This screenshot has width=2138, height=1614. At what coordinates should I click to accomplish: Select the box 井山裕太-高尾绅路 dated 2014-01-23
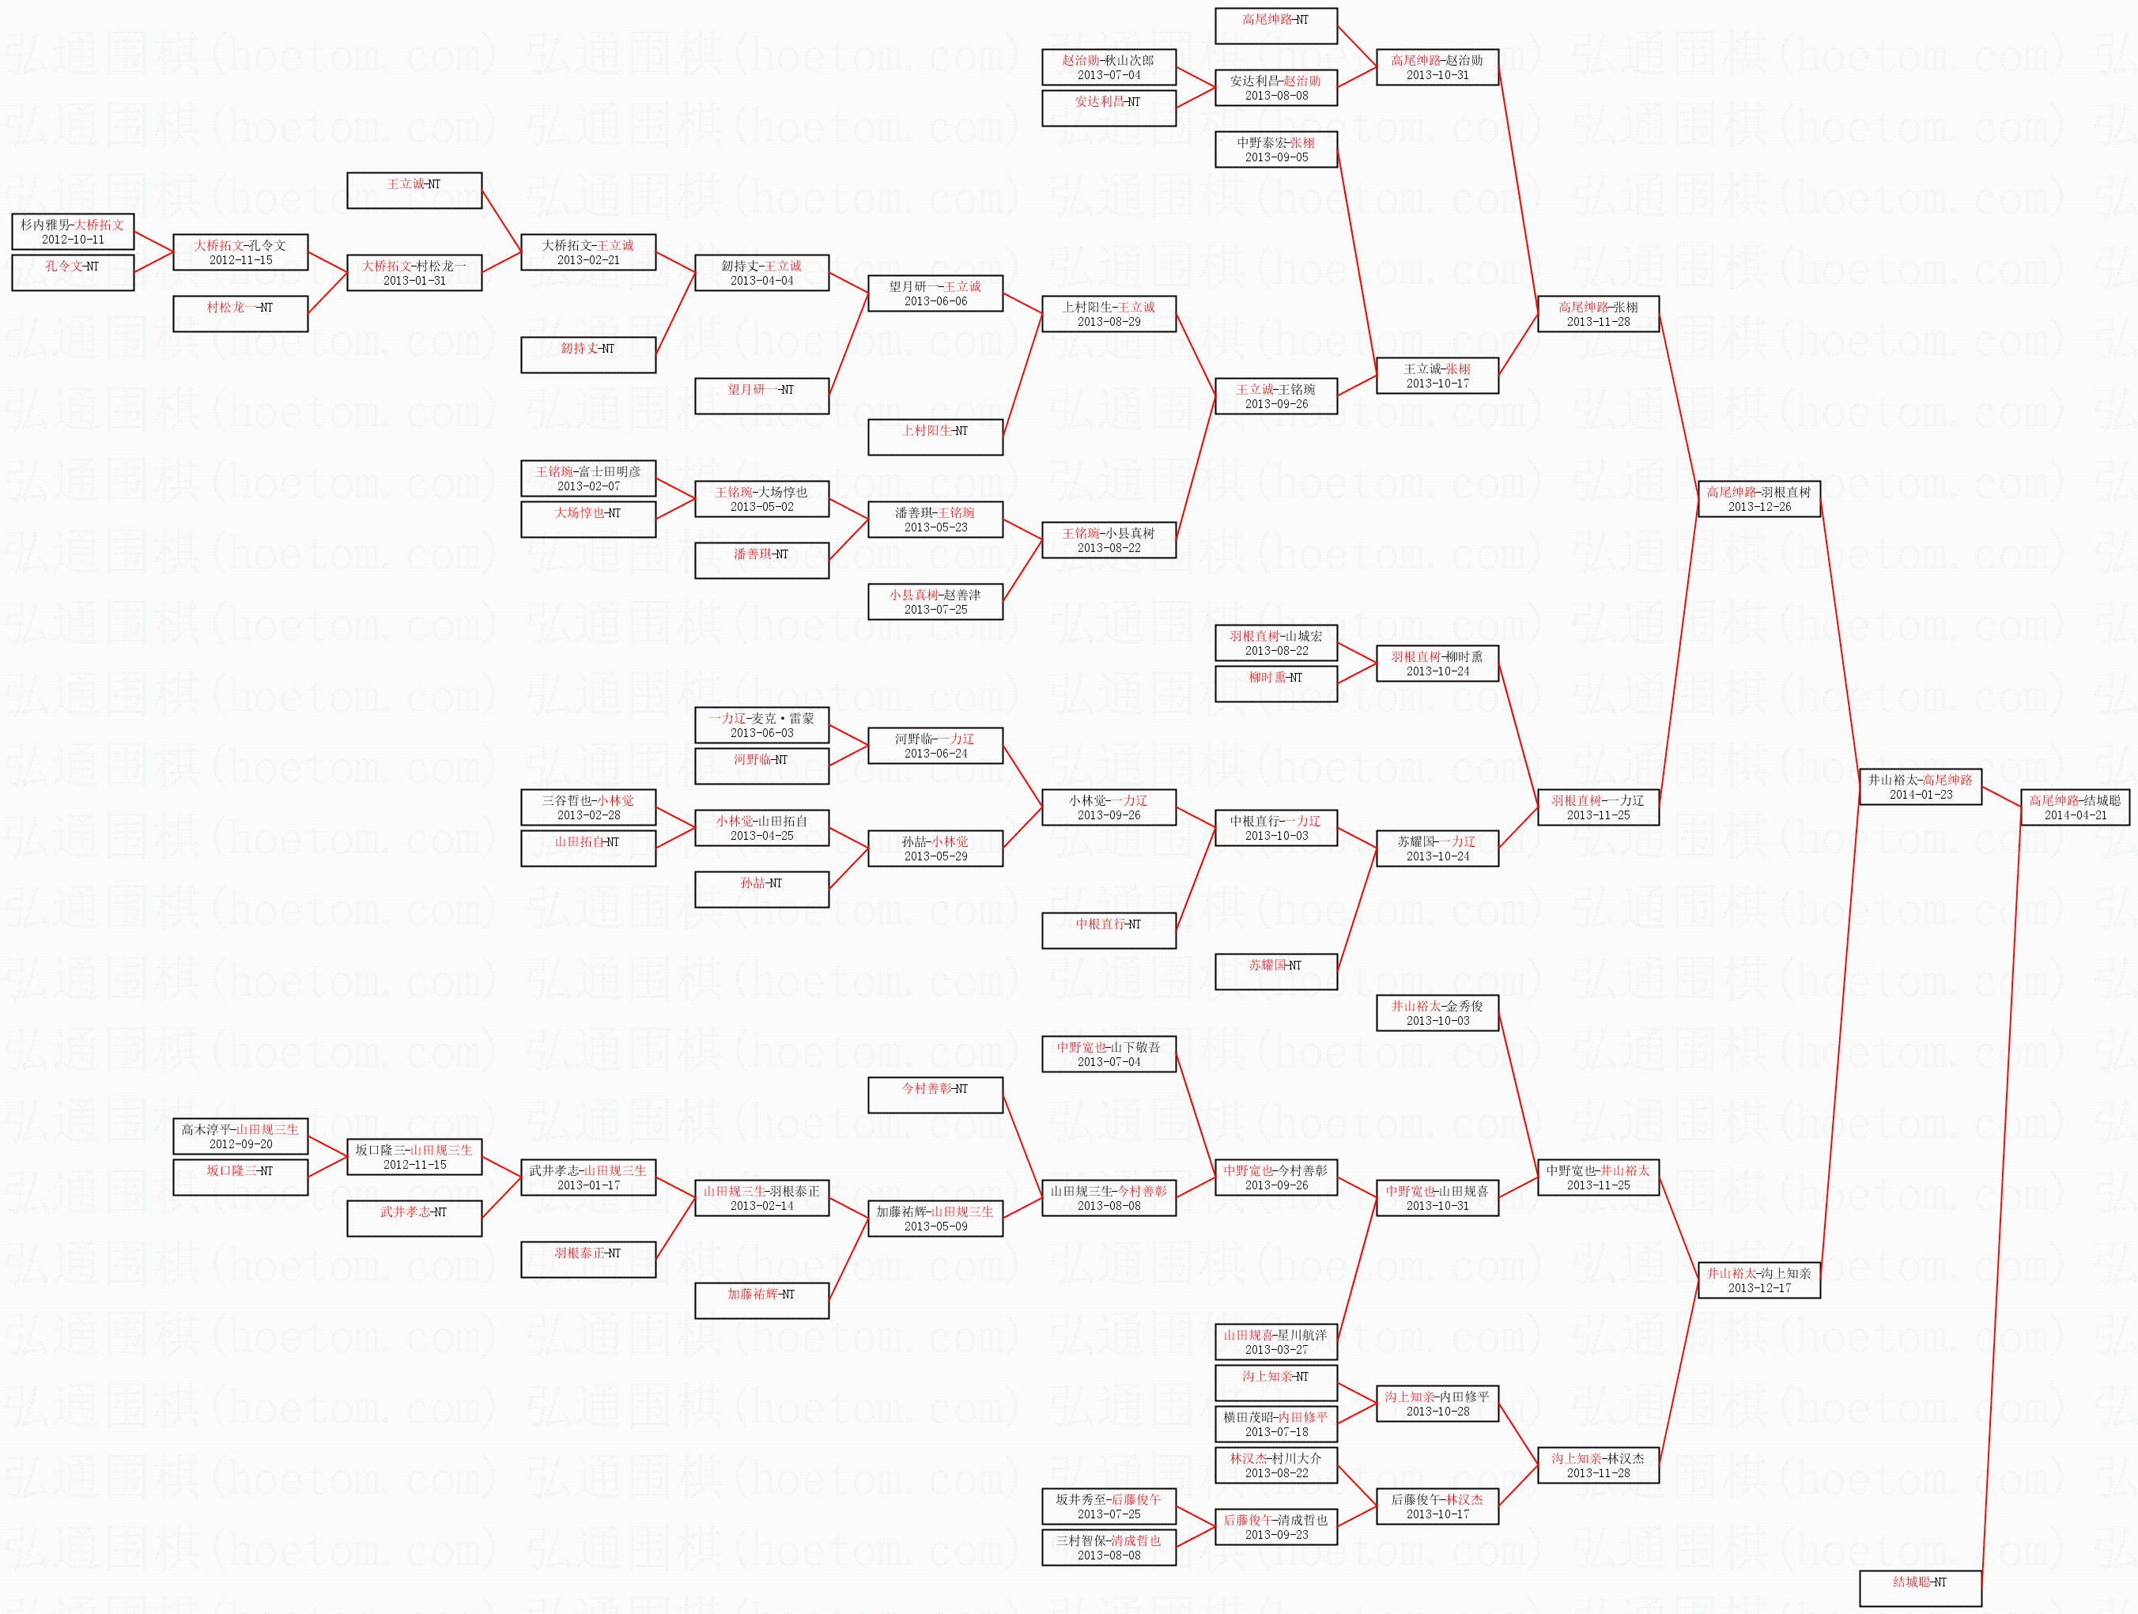[x=1920, y=787]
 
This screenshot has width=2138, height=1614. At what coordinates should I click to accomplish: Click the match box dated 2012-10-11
[x=73, y=232]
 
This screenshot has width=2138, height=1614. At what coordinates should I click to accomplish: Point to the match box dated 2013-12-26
[x=1759, y=499]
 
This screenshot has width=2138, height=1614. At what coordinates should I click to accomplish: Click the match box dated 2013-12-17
[x=1759, y=1280]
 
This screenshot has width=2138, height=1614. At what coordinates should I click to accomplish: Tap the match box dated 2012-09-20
[x=240, y=1136]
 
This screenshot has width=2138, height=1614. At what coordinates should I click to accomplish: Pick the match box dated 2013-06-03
[x=761, y=725]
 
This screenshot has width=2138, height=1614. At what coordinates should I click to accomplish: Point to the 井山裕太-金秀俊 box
[x=1437, y=1013]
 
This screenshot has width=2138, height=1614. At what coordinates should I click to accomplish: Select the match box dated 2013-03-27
[x=1276, y=1341]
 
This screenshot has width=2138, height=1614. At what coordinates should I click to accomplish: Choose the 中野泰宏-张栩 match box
[x=1276, y=149]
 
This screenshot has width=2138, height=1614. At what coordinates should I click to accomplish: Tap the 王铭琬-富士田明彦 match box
[x=587, y=478]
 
